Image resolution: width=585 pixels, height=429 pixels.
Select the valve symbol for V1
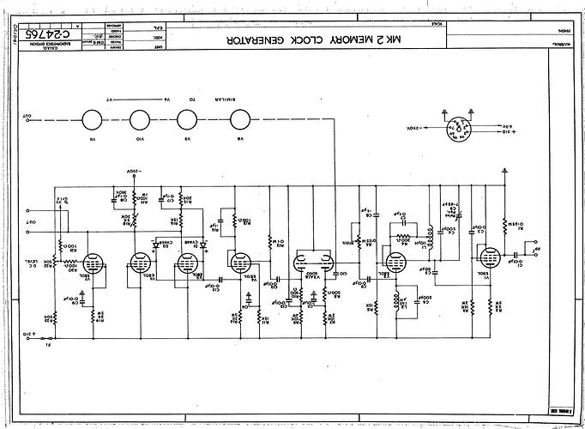491,258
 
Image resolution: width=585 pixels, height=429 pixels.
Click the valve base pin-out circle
460,126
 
